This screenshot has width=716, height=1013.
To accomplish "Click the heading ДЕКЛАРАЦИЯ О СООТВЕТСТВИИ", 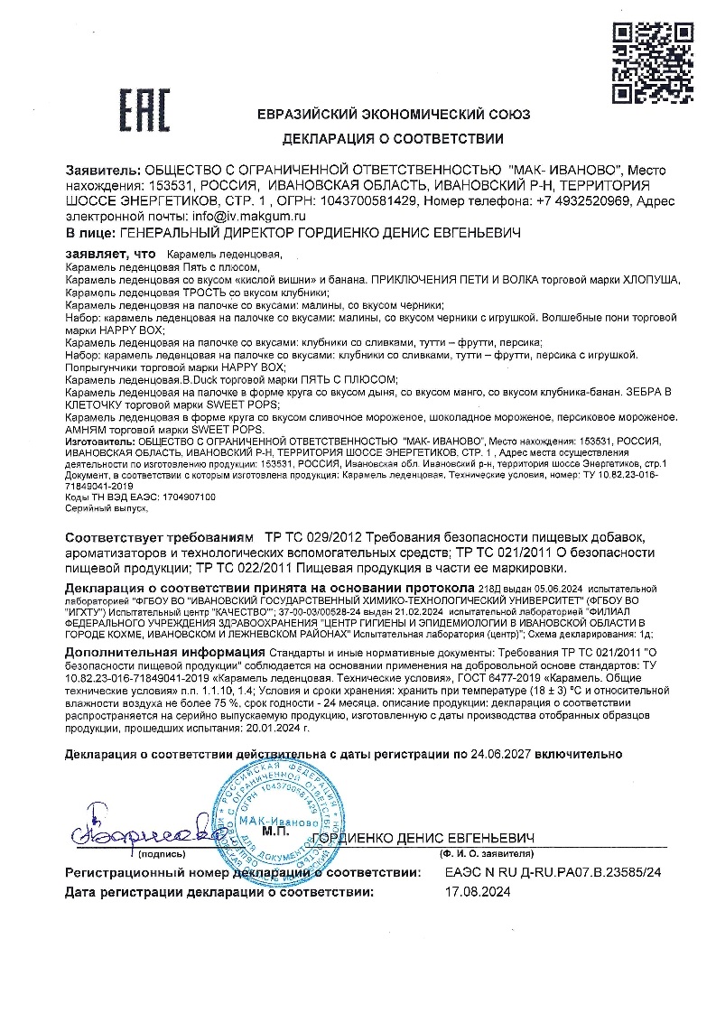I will coord(393,139).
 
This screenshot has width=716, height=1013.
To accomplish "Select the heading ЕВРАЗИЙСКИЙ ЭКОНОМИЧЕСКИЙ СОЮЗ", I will coord(394,115).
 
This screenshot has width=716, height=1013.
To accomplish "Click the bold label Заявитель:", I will coord(103,170).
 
